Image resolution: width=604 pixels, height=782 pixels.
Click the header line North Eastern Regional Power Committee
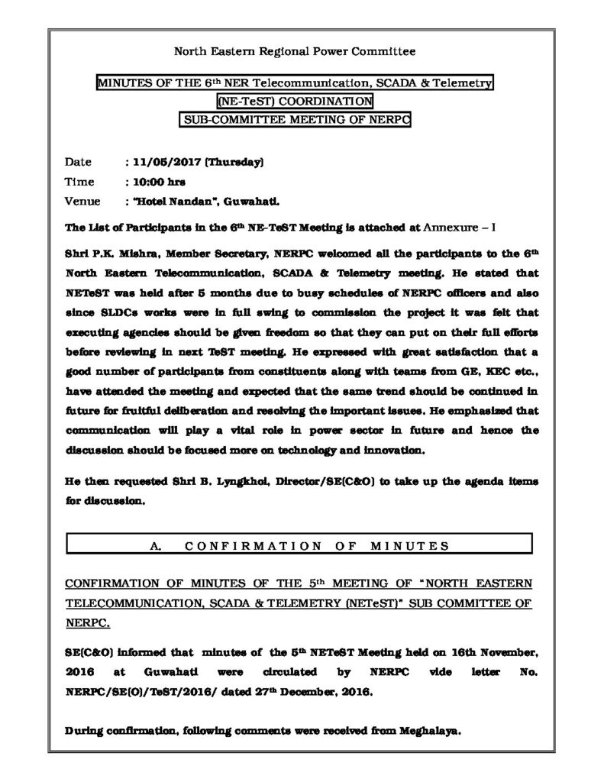click(x=296, y=52)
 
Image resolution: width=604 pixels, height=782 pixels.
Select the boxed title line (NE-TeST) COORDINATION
click(x=295, y=101)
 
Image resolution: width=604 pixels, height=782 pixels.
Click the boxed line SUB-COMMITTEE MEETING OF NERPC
click(x=296, y=119)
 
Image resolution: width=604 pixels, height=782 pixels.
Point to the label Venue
click(x=80, y=202)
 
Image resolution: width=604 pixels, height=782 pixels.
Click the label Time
click(x=79, y=182)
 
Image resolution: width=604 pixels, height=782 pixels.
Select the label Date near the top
click(x=78, y=162)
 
